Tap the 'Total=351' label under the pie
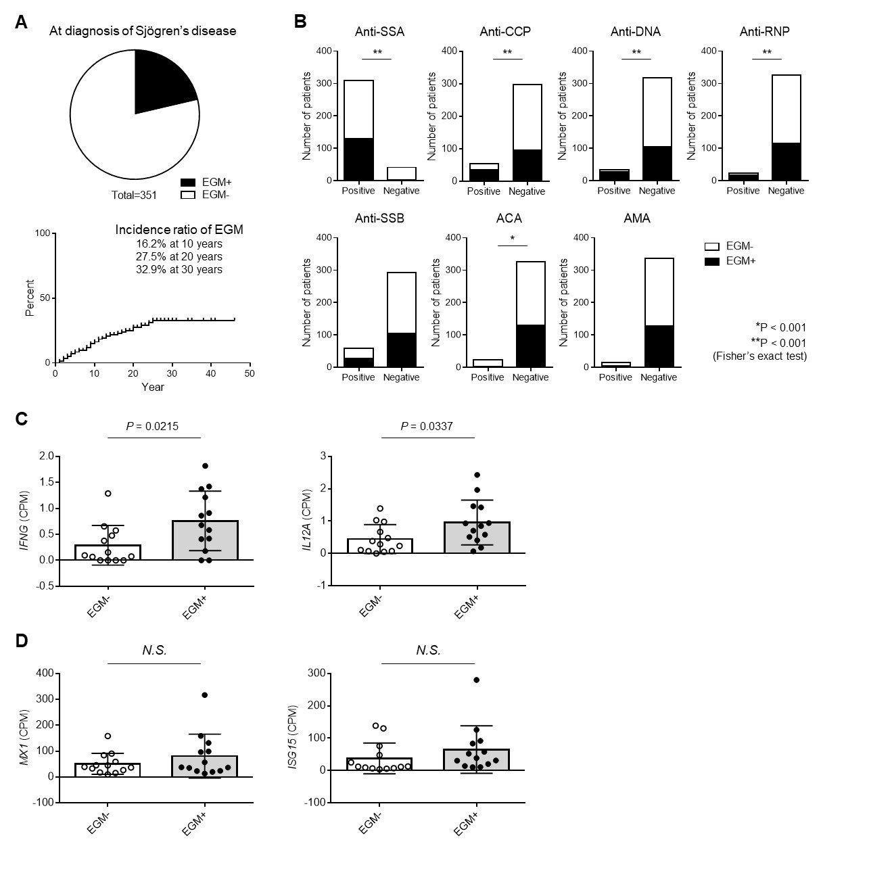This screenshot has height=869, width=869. [x=134, y=195]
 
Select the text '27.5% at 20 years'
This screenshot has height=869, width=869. [x=179, y=257]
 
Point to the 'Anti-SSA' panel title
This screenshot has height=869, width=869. [x=379, y=32]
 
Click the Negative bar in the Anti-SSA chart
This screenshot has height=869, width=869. [x=401, y=174]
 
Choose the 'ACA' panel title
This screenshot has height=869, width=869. [x=509, y=218]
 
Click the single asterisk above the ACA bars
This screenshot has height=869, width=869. [x=512, y=239]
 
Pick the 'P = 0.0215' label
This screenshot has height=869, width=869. [x=152, y=426]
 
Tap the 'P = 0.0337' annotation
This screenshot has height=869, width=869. [x=427, y=426]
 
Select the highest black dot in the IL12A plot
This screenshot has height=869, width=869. [x=477, y=475]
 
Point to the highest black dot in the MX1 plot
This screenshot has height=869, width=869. [x=204, y=695]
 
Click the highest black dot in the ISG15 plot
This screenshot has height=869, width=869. [x=476, y=680]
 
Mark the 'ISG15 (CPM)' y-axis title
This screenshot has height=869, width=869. [x=292, y=738]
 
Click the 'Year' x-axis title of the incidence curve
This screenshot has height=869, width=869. [x=152, y=387]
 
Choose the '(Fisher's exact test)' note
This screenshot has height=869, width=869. [x=759, y=356]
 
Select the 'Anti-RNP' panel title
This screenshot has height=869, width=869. [x=765, y=32]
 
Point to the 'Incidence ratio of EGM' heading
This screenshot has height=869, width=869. [x=179, y=230]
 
